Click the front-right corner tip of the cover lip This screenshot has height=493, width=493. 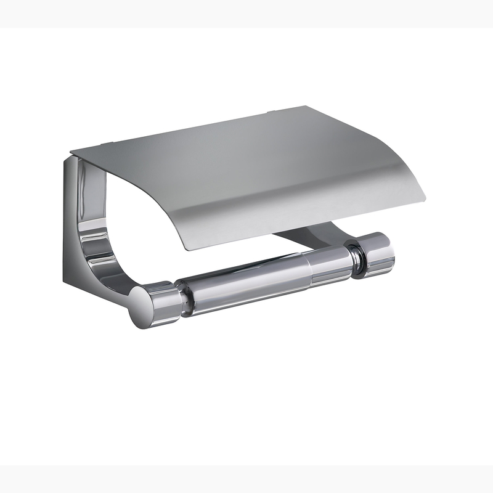[425, 198]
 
